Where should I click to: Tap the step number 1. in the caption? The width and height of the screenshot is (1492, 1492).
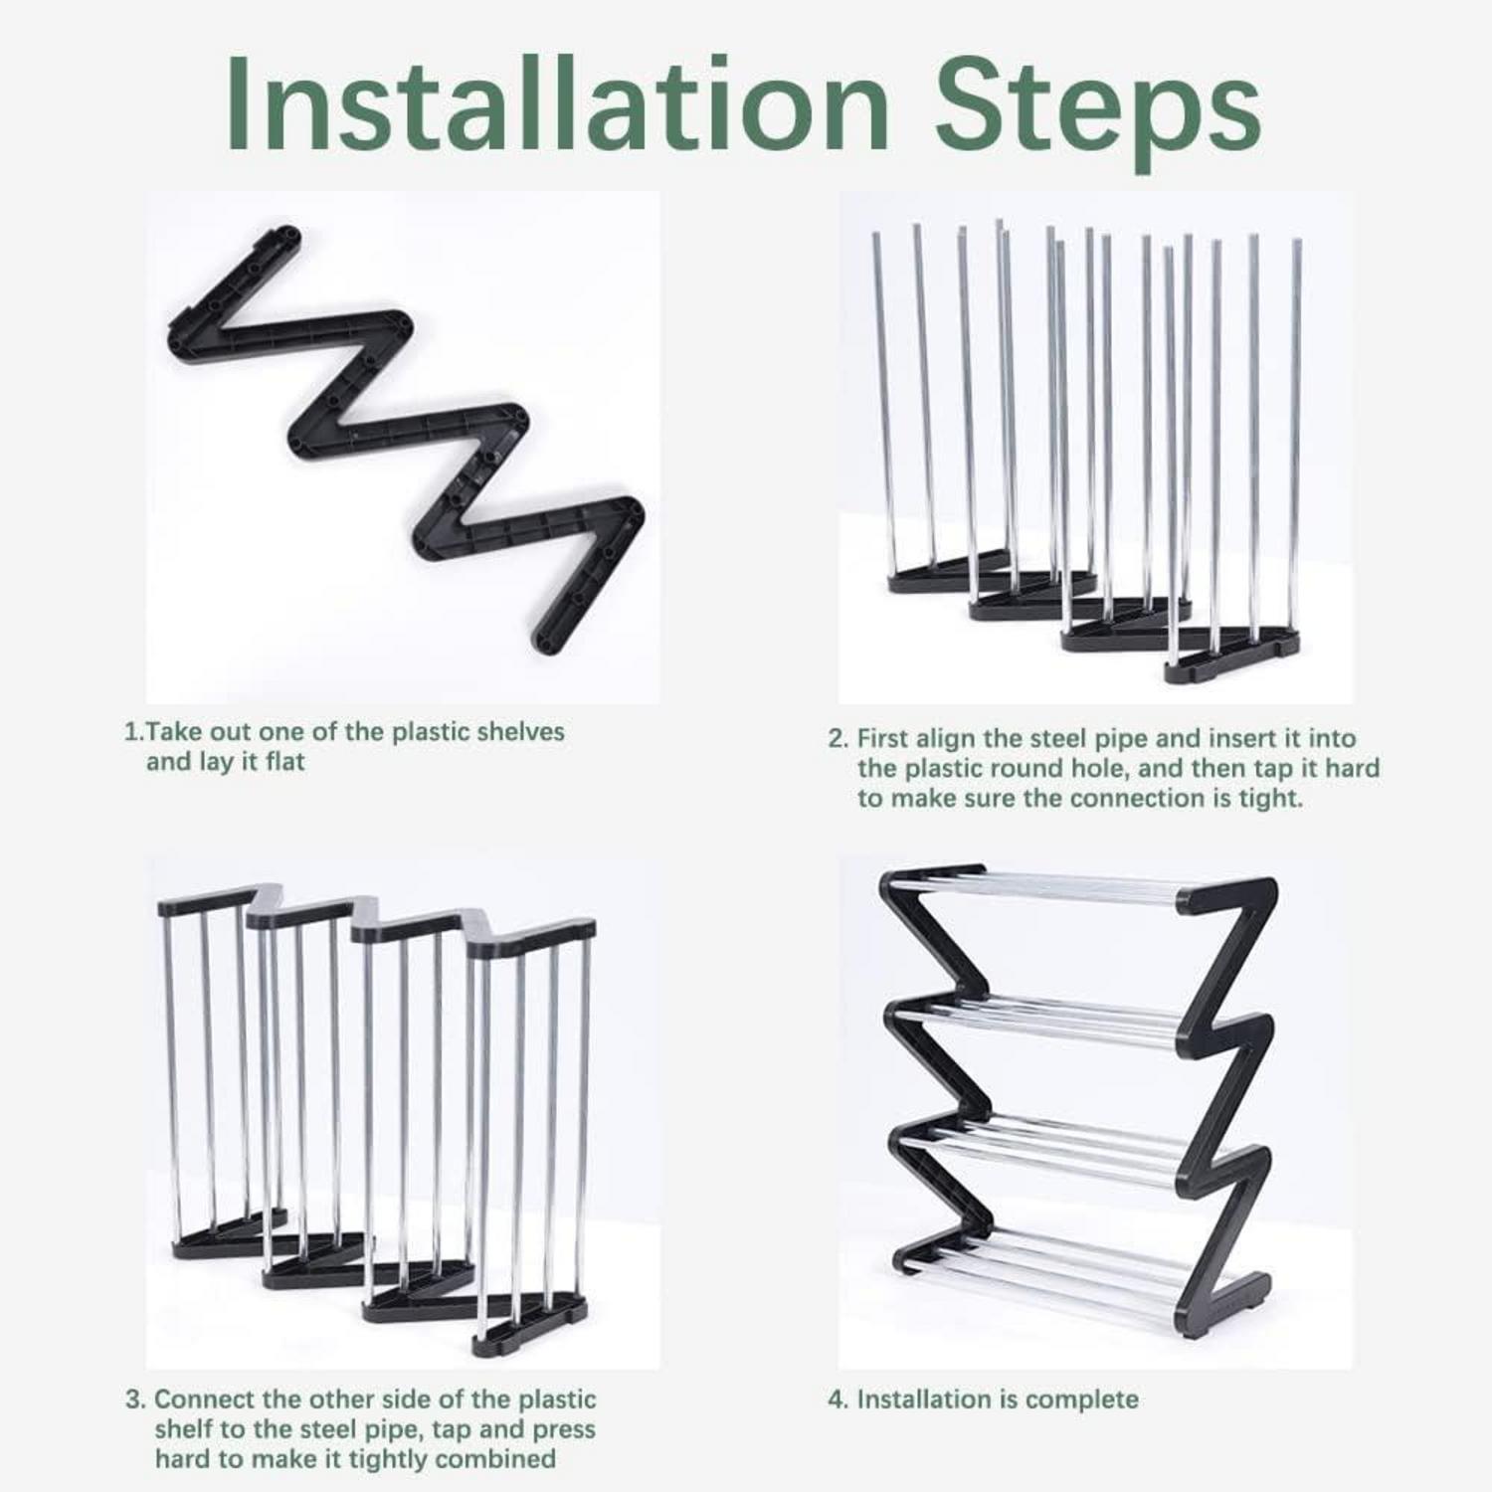133,732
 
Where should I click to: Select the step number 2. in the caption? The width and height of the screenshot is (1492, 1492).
839,739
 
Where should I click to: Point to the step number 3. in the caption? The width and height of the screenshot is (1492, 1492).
136,1399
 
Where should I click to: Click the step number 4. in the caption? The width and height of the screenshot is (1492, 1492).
839,1399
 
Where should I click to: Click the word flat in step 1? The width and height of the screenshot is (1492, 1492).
284,762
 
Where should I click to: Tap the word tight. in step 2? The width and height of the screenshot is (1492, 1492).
1268,799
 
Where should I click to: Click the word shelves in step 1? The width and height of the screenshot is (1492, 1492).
520,732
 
